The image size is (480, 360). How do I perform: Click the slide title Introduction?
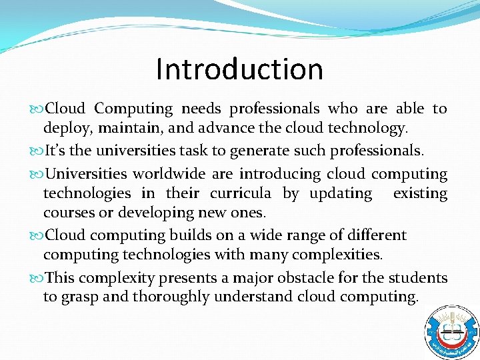pyautogui.click(x=239, y=69)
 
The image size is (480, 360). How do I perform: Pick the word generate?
pyautogui.click(x=259, y=152)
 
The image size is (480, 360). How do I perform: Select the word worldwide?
pyautogui.click(x=163, y=174)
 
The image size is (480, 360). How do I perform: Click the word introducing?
pyautogui.click(x=280, y=174)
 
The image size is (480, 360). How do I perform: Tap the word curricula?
pyautogui.click(x=241, y=193)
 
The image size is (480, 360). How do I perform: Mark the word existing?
pyautogui.click(x=420, y=193)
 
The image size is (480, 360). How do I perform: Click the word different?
pyautogui.click(x=370, y=235)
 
